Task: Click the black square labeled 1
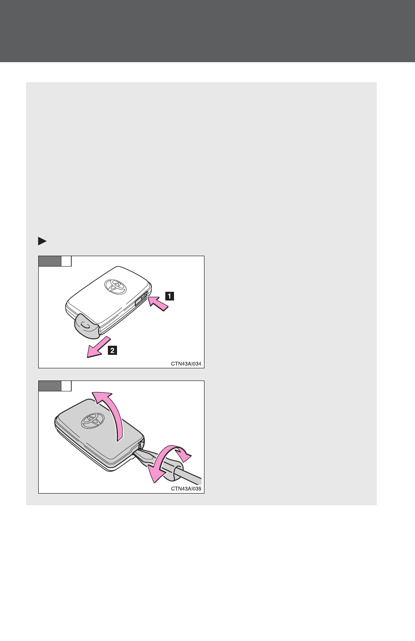[x=169, y=296]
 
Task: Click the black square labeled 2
[x=112, y=350]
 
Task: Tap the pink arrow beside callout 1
[x=158, y=304]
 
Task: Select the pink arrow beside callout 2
[x=99, y=347]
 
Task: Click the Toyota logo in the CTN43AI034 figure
[x=115, y=286]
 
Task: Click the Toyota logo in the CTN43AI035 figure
[x=93, y=421]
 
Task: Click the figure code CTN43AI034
[x=186, y=364]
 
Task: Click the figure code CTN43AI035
[x=186, y=488]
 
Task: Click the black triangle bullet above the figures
[x=42, y=241]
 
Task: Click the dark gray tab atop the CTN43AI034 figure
[x=50, y=261]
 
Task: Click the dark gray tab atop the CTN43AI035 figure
[x=50, y=386]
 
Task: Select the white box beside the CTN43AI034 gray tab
[x=66, y=261]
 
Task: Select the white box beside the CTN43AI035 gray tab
[x=66, y=386]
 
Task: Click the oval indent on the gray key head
[x=85, y=325]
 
